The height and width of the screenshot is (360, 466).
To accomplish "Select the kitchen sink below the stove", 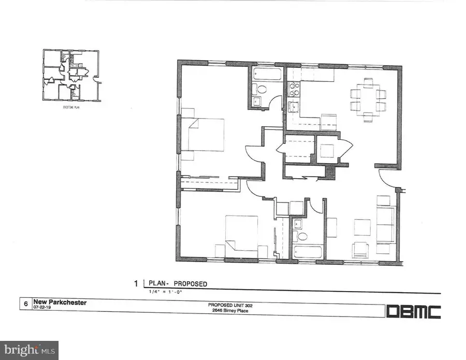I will click(293, 109).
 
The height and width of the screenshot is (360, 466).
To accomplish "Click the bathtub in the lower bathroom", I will click(308, 253).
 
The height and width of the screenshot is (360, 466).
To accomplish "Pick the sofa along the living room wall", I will click(385, 224).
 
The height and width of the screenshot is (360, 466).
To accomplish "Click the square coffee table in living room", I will click(362, 227).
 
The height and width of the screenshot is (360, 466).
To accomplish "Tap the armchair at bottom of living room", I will click(361, 250).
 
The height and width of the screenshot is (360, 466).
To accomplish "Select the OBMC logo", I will click(414, 311).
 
